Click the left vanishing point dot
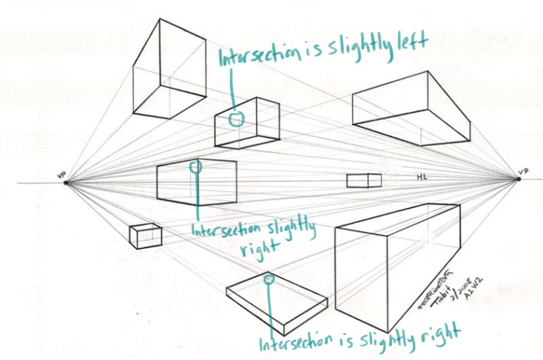[x=66, y=182]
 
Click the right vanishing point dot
[x=519, y=181]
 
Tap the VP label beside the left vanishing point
[x=62, y=174]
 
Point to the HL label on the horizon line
[x=422, y=176]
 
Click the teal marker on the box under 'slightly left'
[x=235, y=120]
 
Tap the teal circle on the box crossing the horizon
[x=196, y=166]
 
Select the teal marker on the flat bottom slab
[x=269, y=280]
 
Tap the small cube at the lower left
[x=144, y=235]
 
